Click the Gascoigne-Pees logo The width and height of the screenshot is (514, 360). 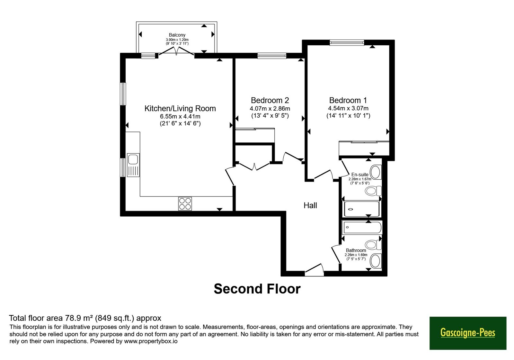[468, 333]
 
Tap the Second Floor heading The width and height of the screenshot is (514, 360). [257, 289]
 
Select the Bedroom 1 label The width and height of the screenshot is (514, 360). [348, 100]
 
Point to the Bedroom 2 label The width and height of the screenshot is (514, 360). [270, 100]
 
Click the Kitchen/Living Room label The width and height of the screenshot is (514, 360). [180, 108]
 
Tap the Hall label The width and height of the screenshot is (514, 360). [310, 205]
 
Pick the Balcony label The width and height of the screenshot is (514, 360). [177, 35]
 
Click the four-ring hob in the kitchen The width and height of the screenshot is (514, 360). [185, 204]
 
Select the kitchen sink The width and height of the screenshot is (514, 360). [133, 165]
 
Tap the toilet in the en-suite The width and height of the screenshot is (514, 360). [373, 191]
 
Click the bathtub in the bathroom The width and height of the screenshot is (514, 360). [362, 228]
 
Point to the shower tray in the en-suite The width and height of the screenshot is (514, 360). [362, 209]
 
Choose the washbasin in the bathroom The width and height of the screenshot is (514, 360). [376, 261]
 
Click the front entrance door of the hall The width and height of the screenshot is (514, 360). [315, 270]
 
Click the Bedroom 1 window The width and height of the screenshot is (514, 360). [347, 42]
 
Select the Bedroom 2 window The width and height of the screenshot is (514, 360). [272, 56]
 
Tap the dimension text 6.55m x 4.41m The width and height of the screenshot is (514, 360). [180, 116]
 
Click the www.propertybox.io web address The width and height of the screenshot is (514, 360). [151, 341]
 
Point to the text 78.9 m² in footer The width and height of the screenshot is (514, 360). [79, 318]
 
